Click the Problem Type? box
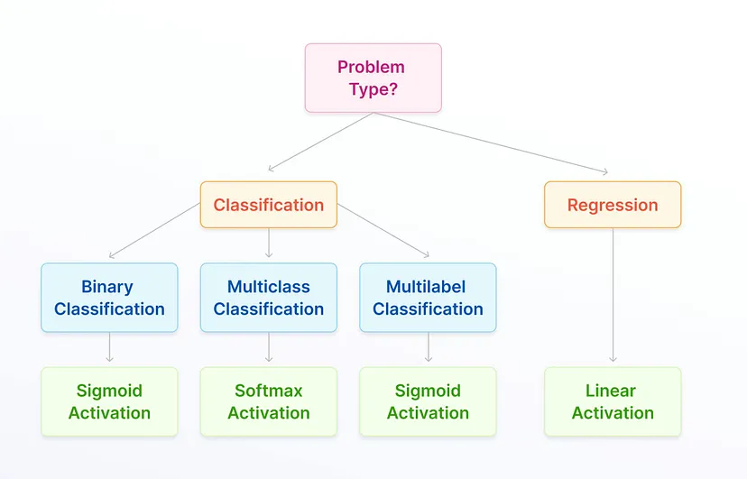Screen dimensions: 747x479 (373, 78)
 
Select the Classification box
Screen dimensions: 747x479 (269, 205)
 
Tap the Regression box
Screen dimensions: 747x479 (613, 205)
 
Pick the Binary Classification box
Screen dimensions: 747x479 (109, 298)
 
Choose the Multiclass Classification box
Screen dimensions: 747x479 (269, 298)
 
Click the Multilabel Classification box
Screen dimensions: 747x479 (428, 298)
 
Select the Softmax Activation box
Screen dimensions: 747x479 (269, 401)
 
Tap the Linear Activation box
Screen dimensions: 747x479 (613, 401)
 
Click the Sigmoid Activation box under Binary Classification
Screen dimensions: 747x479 (109, 401)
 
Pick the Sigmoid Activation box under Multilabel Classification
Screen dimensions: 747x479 (428, 401)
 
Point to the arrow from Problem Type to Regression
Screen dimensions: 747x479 (491, 143)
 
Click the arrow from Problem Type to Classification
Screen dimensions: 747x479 (320, 142)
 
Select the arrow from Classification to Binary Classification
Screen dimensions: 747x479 (154, 230)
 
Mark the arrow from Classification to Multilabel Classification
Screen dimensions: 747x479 (383, 230)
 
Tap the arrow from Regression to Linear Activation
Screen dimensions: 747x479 (613, 295)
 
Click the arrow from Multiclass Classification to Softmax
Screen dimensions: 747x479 (269, 347)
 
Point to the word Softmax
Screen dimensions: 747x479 (269, 391)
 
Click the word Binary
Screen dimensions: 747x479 (107, 287)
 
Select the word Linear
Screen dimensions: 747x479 (611, 391)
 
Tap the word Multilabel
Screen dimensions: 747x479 (426, 287)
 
